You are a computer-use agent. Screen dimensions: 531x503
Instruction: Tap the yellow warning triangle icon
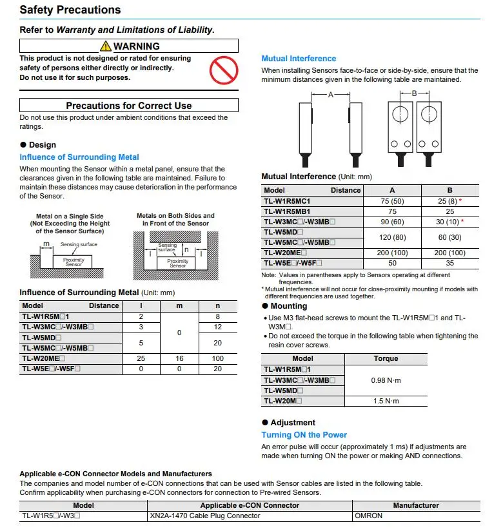(106, 46)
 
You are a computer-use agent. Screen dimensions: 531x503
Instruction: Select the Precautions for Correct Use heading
(129, 105)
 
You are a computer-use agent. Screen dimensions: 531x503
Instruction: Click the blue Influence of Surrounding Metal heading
(79, 157)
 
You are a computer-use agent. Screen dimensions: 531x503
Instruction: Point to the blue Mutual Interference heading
(299, 59)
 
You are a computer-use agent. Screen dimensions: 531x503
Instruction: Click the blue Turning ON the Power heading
(304, 435)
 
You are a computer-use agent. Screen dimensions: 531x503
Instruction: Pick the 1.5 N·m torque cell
(386, 401)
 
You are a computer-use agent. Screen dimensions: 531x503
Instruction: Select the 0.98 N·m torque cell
(386, 380)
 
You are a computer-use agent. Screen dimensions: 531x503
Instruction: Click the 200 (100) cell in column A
(392, 253)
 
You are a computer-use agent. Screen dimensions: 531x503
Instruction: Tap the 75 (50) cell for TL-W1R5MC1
(392, 200)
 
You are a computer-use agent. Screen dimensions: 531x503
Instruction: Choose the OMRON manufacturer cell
(368, 516)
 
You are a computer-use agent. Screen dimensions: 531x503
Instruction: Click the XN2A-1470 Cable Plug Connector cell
(205, 516)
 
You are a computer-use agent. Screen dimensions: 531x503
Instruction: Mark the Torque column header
(386, 358)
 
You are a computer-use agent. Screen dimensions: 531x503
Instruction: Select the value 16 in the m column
(179, 358)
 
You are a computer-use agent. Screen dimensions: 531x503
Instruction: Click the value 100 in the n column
(218, 358)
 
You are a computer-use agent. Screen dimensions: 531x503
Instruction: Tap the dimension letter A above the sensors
(330, 94)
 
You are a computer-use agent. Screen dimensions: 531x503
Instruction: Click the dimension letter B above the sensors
(413, 93)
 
